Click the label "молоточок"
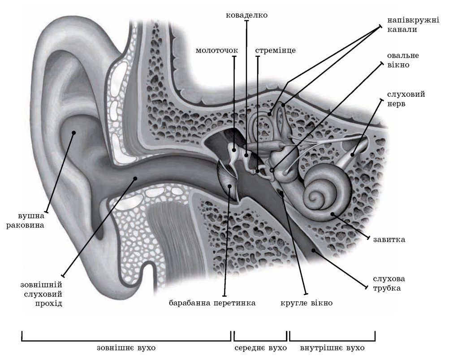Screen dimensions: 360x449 pos(216,50)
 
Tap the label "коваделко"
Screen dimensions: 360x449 pos(246,15)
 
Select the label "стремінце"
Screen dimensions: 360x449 pos(275,50)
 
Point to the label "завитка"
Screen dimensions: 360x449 pos(389,239)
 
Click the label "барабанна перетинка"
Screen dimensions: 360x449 pos(212,303)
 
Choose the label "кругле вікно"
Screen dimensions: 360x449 pos(306,303)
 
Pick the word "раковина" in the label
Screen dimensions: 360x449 pos(25,225)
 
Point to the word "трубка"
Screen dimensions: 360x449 pos(386,287)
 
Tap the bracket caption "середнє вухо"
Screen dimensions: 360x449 pos(260,347)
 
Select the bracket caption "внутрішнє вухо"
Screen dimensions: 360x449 pos(332,347)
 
